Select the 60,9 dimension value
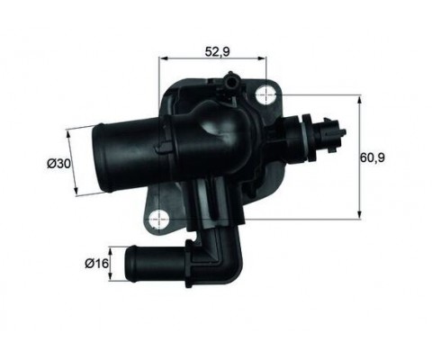[x=373, y=158]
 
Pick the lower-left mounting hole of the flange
[x=160, y=217]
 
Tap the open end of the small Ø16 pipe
[x=131, y=265]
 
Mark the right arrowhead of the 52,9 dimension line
[x=266, y=59]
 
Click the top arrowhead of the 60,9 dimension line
[x=360, y=101]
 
